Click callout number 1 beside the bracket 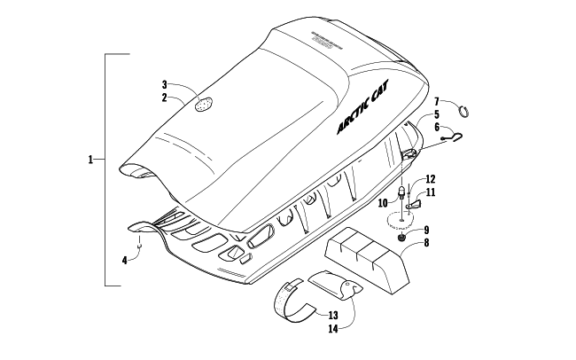pos(91,160)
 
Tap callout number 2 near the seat pos(165,97)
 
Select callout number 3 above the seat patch pos(165,84)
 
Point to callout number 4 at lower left pos(125,260)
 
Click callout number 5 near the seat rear pos(436,115)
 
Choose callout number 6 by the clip pos(436,128)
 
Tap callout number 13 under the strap pos(333,315)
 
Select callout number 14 pos(333,328)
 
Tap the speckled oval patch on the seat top pos(208,104)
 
